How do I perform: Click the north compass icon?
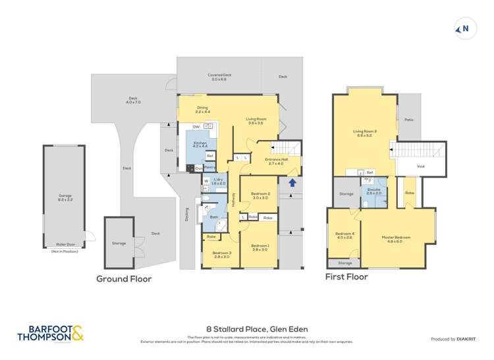pyautogui.click(x=464, y=28)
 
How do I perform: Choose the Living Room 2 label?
pyautogui.click(x=364, y=134)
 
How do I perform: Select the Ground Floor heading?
pyautogui.click(x=124, y=279)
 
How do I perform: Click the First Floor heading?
pyautogui.click(x=346, y=276)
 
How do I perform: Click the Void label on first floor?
pyautogui.click(x=420, y=166)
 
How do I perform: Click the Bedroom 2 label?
pyautogui.click(x=260, y=195)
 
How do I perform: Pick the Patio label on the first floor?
pyautogui.click(x=409, y=120)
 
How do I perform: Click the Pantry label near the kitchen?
pyautogui.click(x=209, y=167)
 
